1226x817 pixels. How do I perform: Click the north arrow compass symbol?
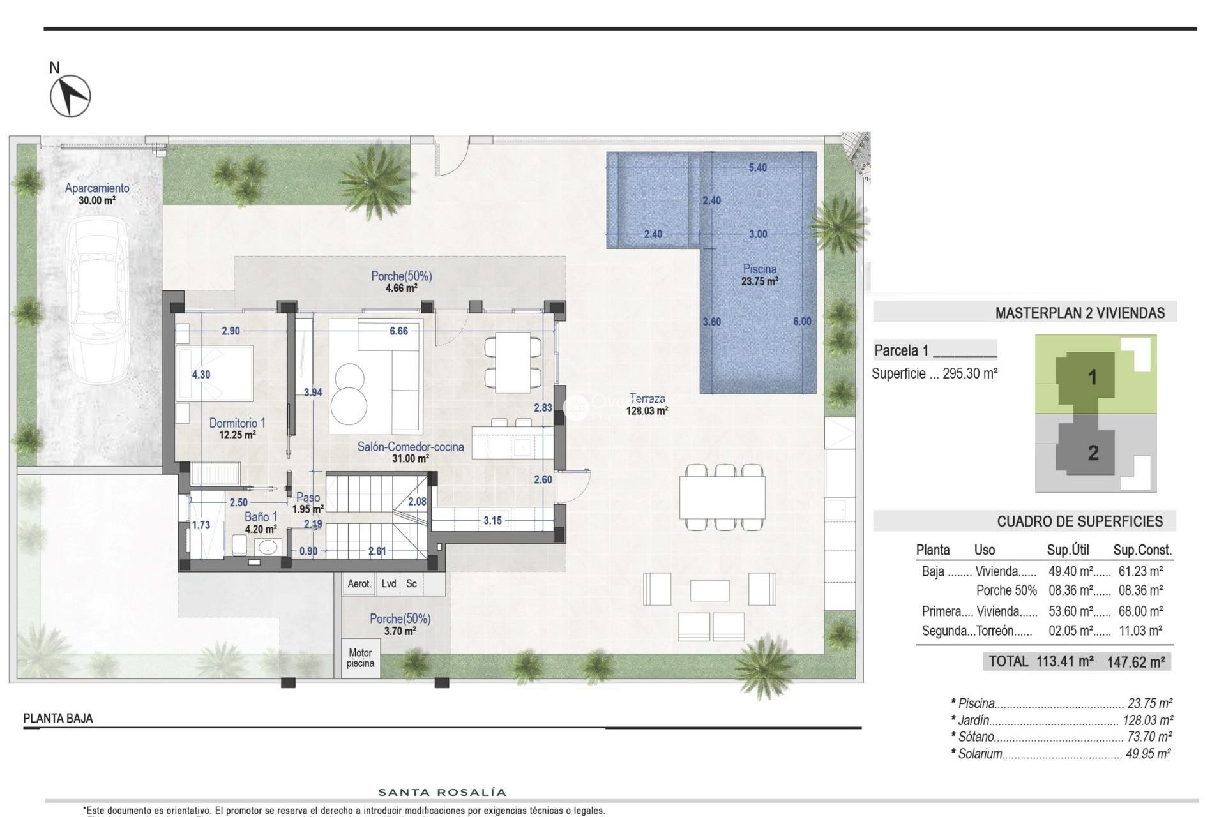[70, 96]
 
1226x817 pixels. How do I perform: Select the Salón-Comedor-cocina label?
[410, 447]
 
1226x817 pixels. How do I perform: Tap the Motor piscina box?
[360, 658]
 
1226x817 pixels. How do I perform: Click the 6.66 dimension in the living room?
[398, 331]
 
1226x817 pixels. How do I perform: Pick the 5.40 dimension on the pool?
[757, 168]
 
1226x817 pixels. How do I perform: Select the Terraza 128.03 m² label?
[647, 405]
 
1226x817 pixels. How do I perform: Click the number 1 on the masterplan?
[1092, 377]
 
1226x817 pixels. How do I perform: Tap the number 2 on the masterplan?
[1093, 453]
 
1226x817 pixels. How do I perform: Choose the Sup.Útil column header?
[1068, 550]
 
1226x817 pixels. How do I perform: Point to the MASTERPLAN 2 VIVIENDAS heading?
[1079, 313]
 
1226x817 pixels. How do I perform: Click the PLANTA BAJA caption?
[58, 718]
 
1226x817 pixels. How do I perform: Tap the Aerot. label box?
[359, 583]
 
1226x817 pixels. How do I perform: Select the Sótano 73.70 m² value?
[1149, 737]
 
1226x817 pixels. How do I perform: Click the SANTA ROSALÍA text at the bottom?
[443, 793]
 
